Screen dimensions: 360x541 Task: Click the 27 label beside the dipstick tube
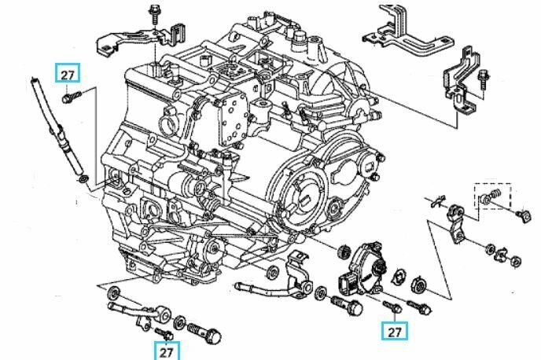coord(67,74)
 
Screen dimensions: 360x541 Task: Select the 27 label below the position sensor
coord(395,332)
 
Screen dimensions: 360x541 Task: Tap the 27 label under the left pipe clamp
coord(166,351)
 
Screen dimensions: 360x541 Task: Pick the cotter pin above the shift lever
coord(441,197)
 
